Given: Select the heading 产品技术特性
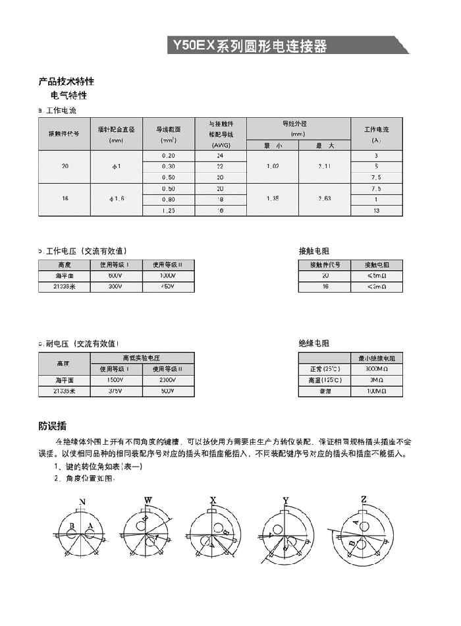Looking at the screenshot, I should [x=67, y=82].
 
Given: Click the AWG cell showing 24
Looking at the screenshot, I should [x=220, y=155].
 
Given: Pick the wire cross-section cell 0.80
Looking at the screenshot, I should [x=169, y=199].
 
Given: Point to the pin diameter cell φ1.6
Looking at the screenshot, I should [x=117, y=199].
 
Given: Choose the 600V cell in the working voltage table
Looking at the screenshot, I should [x=116, y=275].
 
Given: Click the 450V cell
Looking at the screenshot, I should [x=169, y=287].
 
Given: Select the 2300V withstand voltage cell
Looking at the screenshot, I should [x=168, y=380].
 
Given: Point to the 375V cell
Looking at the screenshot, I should [x=116, y=391].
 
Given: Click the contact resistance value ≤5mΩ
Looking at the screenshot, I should [x=376, y=275].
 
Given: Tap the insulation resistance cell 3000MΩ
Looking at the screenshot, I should [x=376, y=369].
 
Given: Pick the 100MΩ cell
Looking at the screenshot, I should [x=376, y=391].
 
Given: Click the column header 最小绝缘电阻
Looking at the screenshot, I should [x=376, y=358].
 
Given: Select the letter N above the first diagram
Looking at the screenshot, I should [x=82, y=502].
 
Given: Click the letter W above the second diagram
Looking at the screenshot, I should [x=148, y=501].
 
